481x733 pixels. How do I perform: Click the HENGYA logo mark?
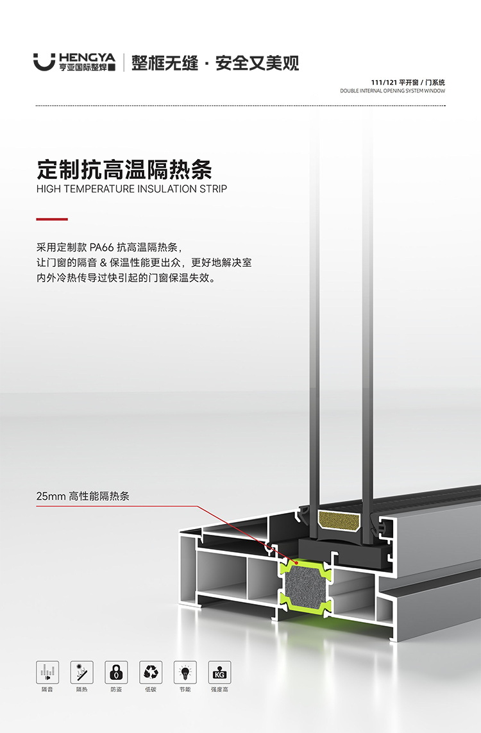[44, 62]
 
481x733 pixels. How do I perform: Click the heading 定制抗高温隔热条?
[124, 169]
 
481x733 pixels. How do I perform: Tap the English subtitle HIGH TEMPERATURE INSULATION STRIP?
[131, 189]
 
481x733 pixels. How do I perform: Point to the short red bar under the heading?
[52, 219]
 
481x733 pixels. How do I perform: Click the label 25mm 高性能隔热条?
[83, 496]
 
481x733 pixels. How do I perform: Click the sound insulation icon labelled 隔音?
[47, 671]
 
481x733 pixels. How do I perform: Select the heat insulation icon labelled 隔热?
[81, 671]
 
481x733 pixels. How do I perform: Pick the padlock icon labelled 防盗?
[116, 671]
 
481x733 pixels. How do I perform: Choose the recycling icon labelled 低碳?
[151, 671]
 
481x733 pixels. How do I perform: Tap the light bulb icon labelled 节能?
[185, 671]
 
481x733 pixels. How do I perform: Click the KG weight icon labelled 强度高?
[219, 671]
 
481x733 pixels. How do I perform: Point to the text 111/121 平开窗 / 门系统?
[408, 83]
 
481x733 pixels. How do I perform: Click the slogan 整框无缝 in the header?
[165, 63]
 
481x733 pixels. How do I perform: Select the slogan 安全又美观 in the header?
[257, 63]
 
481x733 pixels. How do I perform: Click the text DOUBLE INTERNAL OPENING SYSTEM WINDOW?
[392, 91]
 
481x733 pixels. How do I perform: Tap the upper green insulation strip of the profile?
[304, 564]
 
